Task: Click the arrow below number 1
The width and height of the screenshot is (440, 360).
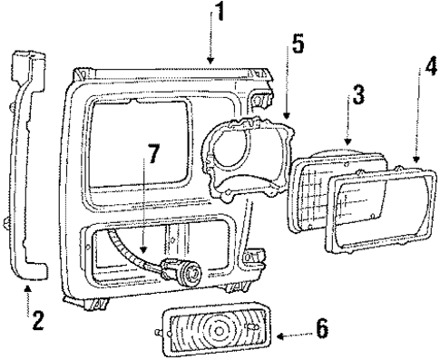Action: coord(211,44)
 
